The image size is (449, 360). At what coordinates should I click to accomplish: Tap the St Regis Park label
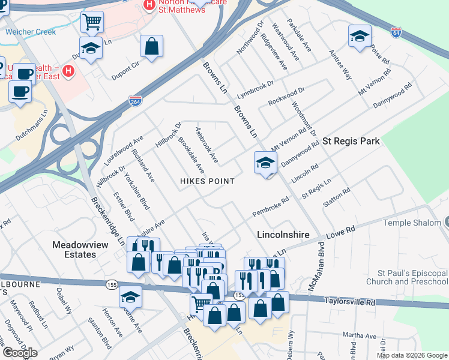pyautogui.click(x=351, y=142)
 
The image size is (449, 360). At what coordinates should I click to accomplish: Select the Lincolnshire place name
pyautogui.click(x=283, y=235)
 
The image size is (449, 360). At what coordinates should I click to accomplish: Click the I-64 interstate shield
pyautogui.click(x=396, y=32)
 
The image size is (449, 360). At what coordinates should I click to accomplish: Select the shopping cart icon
pyautogui.click(x=92, y=22)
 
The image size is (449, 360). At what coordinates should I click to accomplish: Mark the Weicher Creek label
pyautogui.click(x=30, y=32)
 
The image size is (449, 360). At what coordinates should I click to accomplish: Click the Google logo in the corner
pyautogui.click(x=19, y=353)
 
